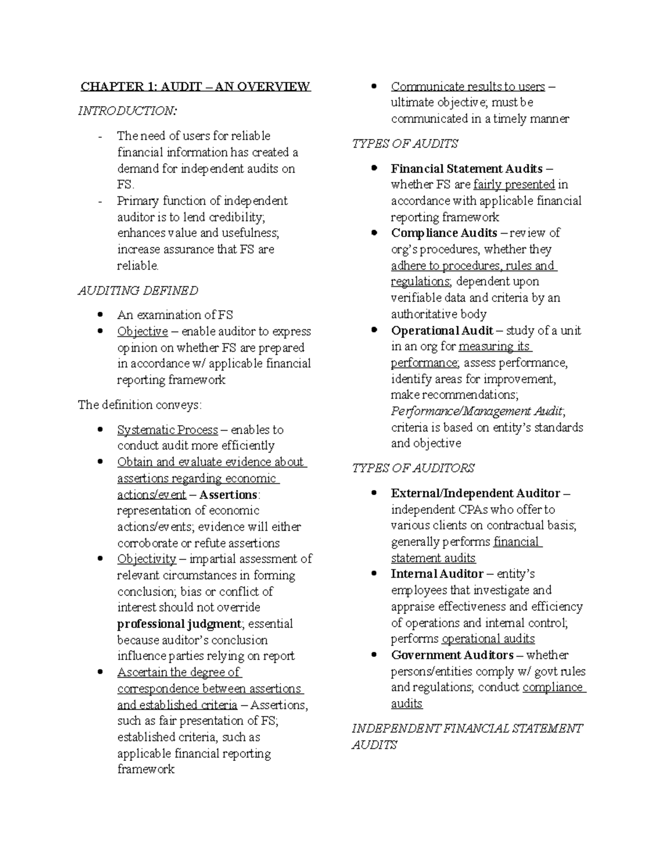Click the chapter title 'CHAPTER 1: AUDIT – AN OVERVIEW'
(x=195, y=86)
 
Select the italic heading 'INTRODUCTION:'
(x=127, y=111)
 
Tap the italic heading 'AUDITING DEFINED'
(x=137, y=291)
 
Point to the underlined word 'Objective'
(x=142, y=331)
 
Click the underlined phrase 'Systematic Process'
(x=167, y=430)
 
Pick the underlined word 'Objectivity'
(x=146, y=559)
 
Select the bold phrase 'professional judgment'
(x=179, y=624)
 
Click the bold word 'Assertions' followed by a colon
(x=228, y=495)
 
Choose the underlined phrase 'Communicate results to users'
(x=468, y=86)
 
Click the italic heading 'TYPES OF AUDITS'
(x=405, y=144)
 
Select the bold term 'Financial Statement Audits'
(x=467, y=168)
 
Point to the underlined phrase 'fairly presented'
(x=514, y=184)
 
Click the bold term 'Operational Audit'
(x=442, y=331)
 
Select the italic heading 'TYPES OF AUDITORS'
(x=413, y=468)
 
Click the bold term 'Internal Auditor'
(x=437, y=574)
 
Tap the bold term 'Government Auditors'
(x=452, y=655)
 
